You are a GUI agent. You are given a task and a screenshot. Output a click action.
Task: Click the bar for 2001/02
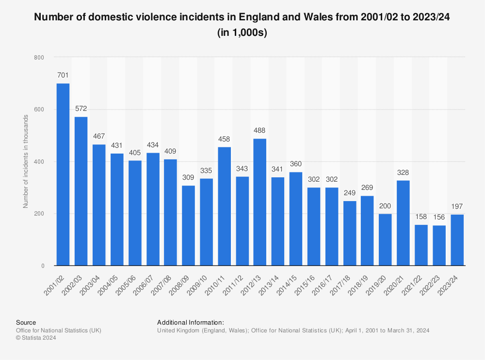click(63, 174)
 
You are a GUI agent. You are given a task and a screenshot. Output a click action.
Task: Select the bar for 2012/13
click(260, 202)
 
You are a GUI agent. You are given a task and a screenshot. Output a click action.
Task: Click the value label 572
click(81, 109)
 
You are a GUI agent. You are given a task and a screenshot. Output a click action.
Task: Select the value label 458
click(224, 139)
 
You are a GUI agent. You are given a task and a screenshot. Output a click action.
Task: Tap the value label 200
click(385, 206)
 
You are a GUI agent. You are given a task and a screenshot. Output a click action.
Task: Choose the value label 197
click(457, 207)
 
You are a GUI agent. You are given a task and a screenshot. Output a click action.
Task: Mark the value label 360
click(296, 164)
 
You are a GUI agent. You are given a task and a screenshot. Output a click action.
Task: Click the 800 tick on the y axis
click(39, 57)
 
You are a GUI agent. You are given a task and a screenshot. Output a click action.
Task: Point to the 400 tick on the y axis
click(39, 162)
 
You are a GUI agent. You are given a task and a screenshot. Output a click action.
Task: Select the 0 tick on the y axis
click(43, 266)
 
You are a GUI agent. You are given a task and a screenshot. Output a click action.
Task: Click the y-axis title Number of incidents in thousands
click(26, 162)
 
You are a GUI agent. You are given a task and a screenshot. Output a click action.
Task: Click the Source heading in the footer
click(26, 322)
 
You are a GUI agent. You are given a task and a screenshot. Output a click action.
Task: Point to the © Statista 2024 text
click(36, 338)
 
